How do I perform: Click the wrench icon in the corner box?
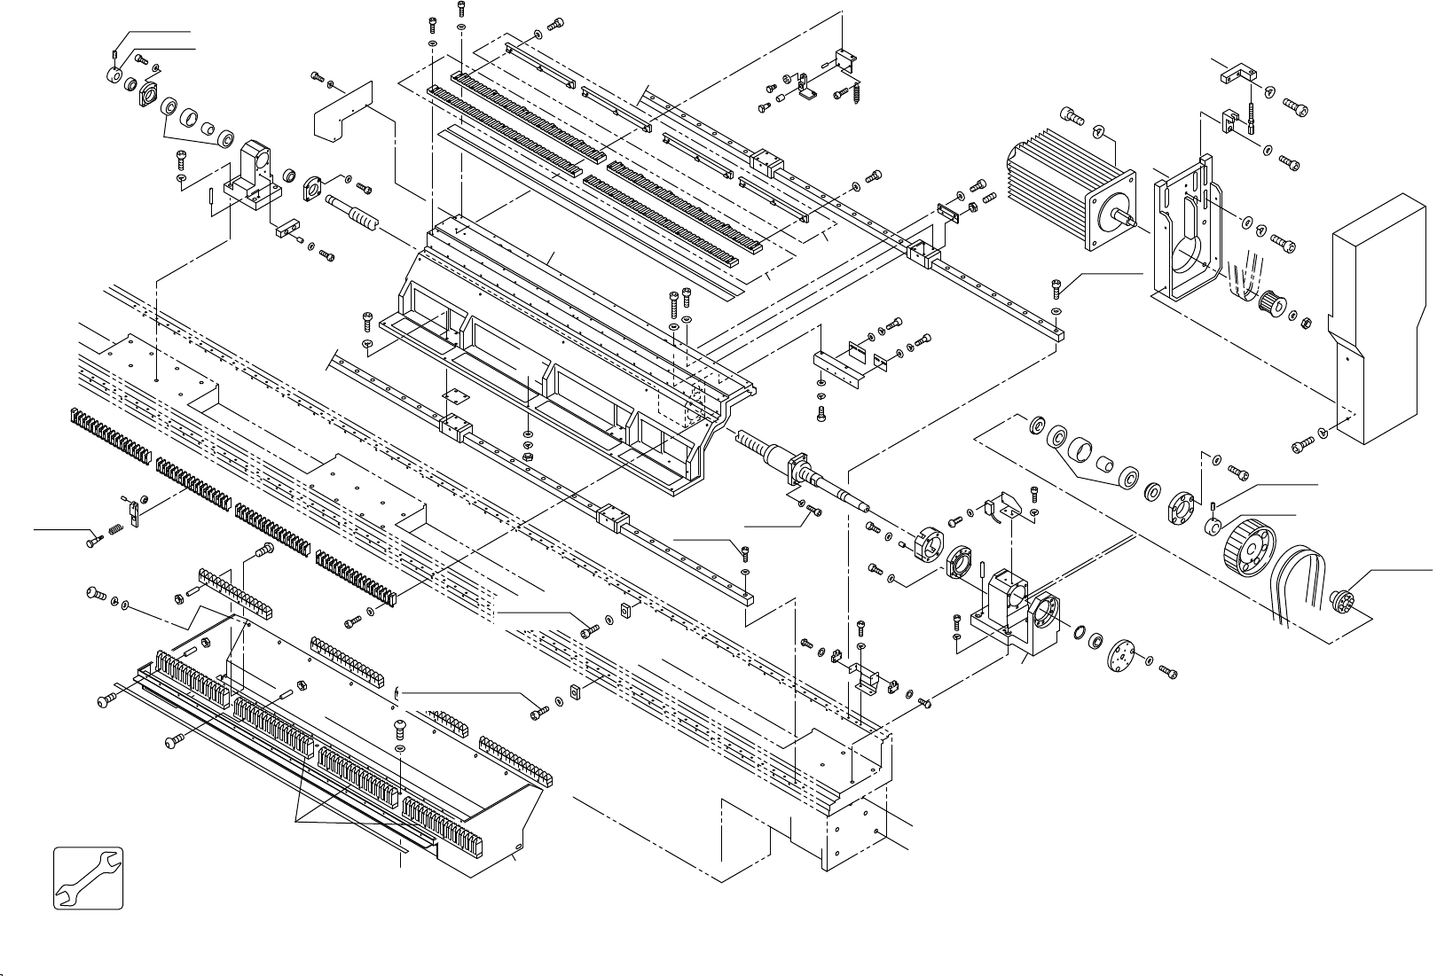tap(87, 878)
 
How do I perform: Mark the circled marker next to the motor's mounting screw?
tap(1098, 132)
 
